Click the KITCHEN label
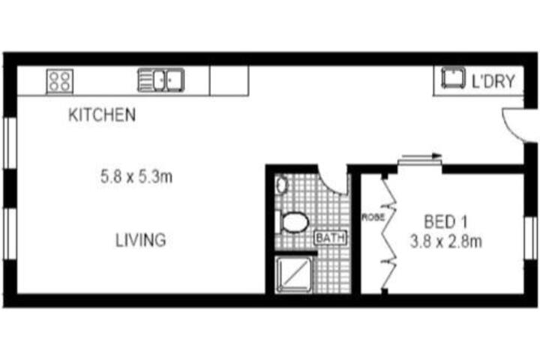[102, 115]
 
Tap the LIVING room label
[140, 240]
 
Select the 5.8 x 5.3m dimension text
[136, 177]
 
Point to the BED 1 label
[445, 221]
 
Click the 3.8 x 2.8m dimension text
[445, 241]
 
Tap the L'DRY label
[493, 81]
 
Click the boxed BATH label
[330, 238]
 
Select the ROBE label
[372, 217]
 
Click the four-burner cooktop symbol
[59, 81]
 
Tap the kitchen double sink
[160, 80]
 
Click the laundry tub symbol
[453, 78]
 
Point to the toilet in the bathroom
[292, 222]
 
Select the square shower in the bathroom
[293, 274]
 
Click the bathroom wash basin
[281, 184]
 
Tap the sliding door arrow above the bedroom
[421, 157]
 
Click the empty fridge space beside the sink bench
[229, 80]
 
